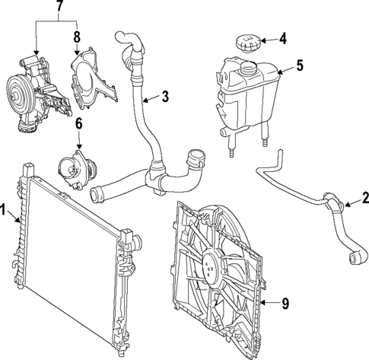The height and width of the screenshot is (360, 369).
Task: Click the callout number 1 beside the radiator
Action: pos(5,209)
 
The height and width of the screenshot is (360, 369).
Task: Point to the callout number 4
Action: pos(282,37)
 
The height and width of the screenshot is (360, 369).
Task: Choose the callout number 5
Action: pos(299,65)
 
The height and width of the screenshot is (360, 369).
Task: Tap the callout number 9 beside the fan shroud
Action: pos(285,304)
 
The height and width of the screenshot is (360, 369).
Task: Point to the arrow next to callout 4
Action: pos(268,37)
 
